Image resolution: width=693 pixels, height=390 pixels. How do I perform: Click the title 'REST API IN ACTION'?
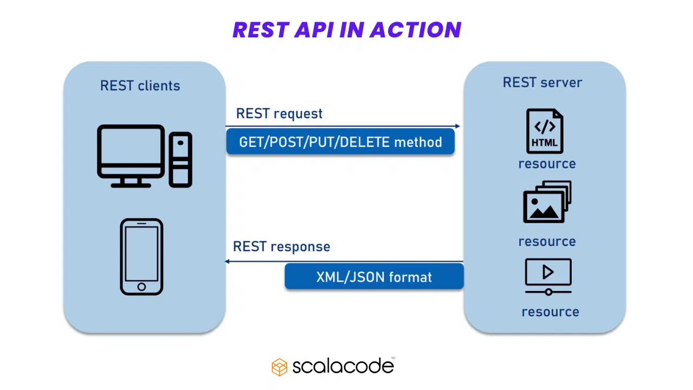tap(346, 30)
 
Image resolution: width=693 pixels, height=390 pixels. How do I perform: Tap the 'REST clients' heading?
tap(140, 86)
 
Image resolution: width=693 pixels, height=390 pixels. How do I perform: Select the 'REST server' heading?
tap(542, 82)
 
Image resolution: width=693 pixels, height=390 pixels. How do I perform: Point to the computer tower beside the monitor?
tap(180, 159)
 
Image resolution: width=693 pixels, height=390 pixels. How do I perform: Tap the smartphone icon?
tap(141, 257)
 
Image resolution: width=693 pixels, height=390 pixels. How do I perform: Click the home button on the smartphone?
tap(141, 287)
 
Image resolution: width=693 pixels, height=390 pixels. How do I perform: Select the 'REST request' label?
tap(279, 114)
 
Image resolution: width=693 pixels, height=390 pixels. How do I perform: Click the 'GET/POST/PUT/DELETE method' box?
tap(340, 142)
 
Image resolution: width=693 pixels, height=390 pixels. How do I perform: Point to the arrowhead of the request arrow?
tap(457, 126)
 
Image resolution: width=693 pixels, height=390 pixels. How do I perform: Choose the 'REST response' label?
tap(281, 246)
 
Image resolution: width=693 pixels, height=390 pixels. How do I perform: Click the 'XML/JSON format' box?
tap(374, 277)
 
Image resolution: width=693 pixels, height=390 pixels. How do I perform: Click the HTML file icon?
tap(544, 131)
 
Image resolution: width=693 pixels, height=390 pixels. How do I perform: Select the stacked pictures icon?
tap(547, 202)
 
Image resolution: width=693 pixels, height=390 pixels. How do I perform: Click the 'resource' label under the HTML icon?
tap(547, 164)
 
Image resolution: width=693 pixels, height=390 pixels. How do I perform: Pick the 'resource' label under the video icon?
tap(550, 312)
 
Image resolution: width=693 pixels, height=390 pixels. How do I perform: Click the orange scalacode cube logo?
tap(279, 367)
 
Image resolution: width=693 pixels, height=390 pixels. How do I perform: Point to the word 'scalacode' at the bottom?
tap(343, 367)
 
